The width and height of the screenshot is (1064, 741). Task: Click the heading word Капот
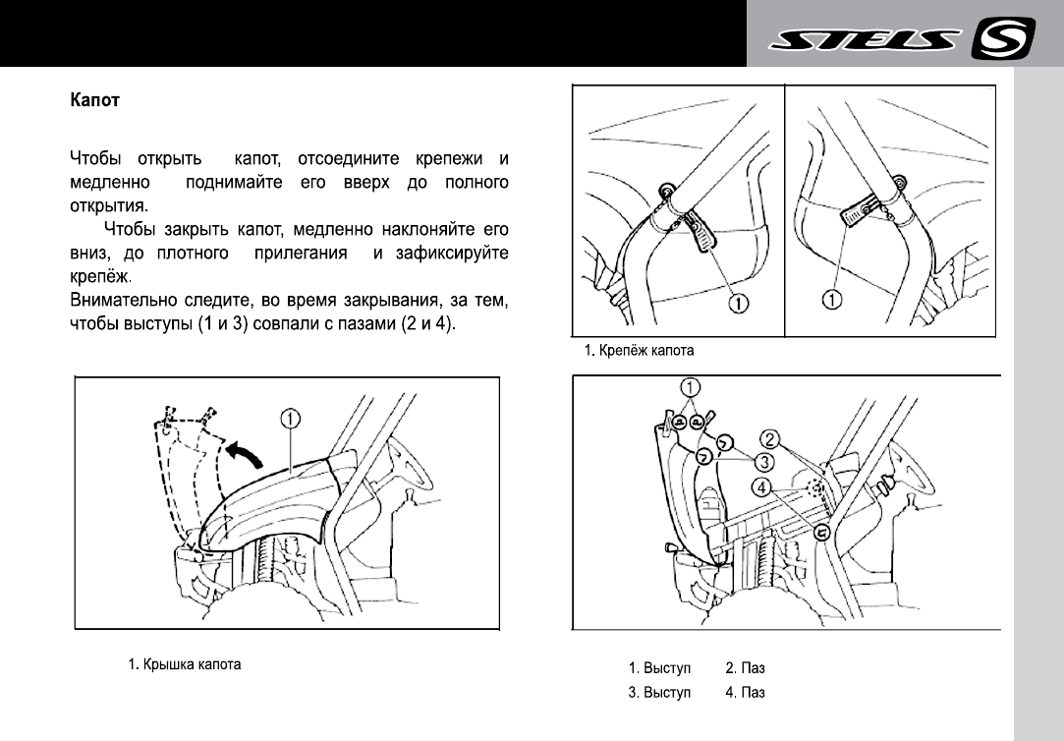tap(94, 100)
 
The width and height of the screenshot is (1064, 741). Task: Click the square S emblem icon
tap(1003, 40)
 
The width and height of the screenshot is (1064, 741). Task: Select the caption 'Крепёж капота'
tap(640, 348)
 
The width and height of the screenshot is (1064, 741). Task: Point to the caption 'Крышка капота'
tap(185, 664)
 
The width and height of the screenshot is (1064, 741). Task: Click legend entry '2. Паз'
tap(745, 668)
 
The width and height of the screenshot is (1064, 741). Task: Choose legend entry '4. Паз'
tap(745, 692)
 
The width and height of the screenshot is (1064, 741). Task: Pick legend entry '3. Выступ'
tap(660, 692)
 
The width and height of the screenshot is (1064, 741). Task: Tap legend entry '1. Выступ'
tap(660, 668)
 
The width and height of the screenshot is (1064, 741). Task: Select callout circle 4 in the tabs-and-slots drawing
tap(762, 484)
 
